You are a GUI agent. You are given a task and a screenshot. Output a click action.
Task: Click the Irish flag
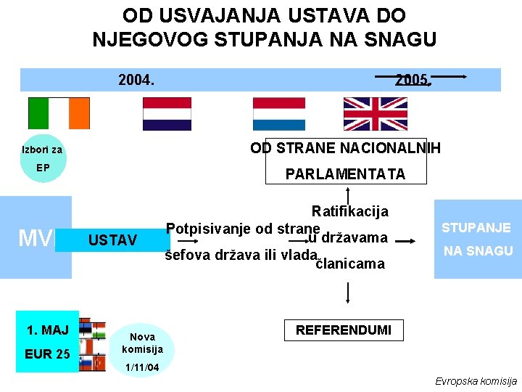pos(59,113)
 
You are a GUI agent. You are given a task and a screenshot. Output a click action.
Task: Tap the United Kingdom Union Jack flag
pos(375,113)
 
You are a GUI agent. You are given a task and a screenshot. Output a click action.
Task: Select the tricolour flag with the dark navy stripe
pos(167,113)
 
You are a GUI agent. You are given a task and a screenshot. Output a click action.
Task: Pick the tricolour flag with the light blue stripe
pos(279,113)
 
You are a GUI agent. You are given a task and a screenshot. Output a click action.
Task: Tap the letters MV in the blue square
pos(35,238)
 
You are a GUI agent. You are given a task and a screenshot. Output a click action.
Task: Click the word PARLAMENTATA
pos(345,174)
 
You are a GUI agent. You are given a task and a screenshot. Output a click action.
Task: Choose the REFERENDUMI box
pos(343,330)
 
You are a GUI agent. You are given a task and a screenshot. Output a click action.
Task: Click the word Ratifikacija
pos(349,211)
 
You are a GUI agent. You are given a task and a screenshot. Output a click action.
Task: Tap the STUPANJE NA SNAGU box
pos(477,239)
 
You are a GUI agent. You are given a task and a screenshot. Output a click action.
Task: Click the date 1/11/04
pos(142,368)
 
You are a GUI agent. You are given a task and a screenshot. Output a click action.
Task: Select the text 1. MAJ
pos(47,330)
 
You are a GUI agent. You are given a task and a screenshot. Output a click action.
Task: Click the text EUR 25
pos(47,354)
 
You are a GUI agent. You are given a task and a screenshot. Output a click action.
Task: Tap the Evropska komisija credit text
pos(476,381)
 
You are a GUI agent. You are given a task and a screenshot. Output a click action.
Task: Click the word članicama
pos(350,264)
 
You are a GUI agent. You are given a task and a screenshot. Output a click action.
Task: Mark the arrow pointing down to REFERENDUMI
pos(349,291)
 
